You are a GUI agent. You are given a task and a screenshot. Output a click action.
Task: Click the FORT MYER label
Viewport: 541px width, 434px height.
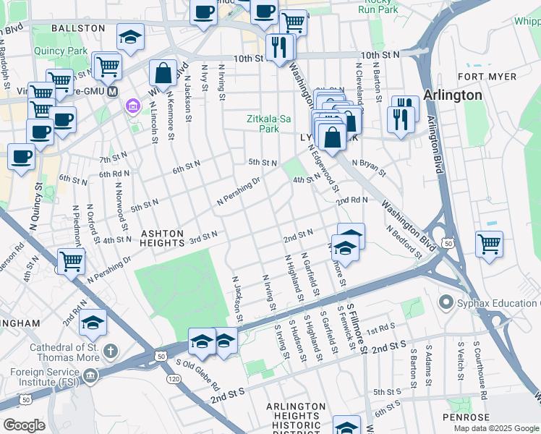point(487,77)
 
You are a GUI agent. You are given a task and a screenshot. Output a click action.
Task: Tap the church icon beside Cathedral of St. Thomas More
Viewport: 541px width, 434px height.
point(110,352)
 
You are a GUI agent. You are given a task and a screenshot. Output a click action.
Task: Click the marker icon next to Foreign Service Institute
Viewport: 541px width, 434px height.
point(90,375)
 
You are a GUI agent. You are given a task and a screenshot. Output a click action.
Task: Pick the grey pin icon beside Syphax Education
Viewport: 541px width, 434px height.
point(445,302)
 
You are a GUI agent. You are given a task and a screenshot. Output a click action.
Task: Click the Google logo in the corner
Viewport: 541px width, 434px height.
point(24,425)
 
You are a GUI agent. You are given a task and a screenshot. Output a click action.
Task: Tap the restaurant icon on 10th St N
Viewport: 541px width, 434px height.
point(278,48)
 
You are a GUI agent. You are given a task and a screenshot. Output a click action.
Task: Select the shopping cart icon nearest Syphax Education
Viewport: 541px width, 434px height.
point(489,244)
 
